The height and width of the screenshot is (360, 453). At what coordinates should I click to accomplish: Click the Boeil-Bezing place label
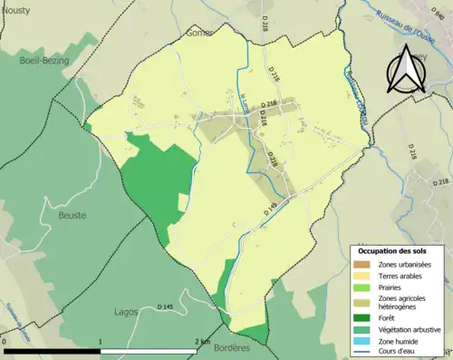click(40, 61)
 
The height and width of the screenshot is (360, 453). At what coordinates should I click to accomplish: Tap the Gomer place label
click(199, 33)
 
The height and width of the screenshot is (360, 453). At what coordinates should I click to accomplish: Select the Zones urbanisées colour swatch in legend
click(363, 263)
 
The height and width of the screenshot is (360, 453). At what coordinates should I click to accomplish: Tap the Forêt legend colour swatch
click(363, 317)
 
